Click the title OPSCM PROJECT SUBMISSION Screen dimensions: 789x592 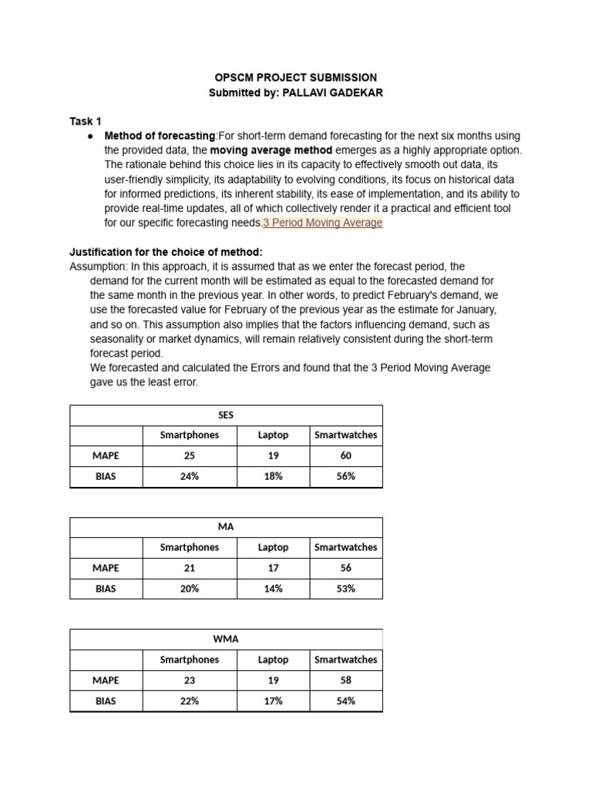point(295,78)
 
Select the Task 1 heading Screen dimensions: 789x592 point(85,121)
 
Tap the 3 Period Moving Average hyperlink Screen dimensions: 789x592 point(322,223)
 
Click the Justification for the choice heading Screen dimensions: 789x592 point(166,252)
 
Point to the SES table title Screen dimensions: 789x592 point(226,415)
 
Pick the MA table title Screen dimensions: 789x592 point(226,527)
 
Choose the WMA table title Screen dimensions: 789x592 point(226,639)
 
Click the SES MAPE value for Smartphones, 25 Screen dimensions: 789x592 point(190,456)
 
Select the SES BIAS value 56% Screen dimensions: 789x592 point(346,476)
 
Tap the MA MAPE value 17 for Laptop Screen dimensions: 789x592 point(273,568)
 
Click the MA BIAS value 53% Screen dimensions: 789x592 point(346,589)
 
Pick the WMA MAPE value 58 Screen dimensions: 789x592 point(346,680)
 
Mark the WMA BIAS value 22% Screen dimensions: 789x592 point(190,701)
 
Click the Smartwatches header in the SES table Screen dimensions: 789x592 point(346,435)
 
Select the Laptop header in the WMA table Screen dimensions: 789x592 point(273,660)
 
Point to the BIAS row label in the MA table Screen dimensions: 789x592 point(106,589)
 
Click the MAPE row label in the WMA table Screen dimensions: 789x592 point(106,680)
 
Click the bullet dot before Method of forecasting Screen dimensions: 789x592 point(90,136)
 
